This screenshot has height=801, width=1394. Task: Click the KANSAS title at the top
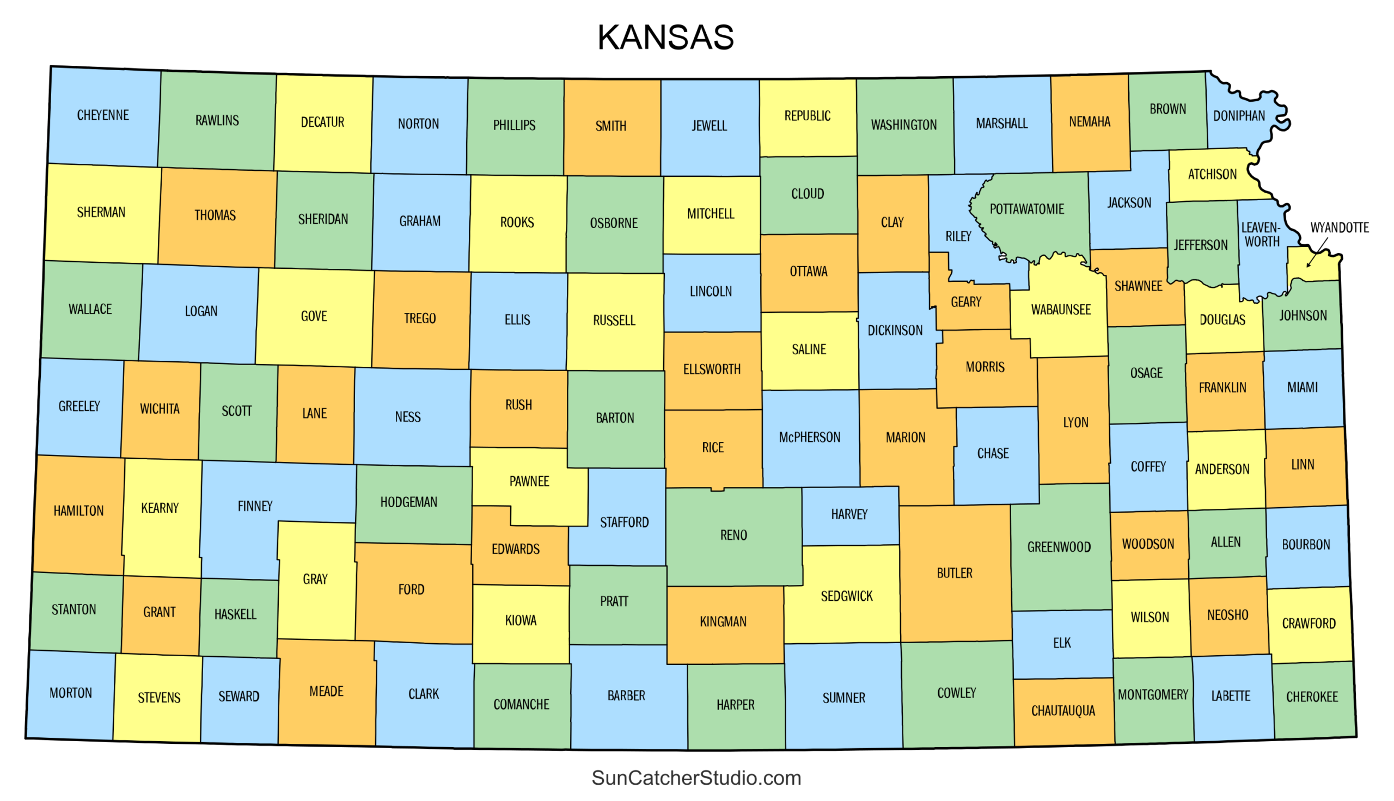pos(665,38)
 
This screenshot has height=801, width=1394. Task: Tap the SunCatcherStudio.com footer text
pos(695,778)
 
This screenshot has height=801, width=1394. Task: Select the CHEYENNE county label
pos(103,115)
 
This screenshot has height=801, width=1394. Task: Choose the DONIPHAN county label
pos(1239,116)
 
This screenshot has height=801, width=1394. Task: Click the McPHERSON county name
pos(809,438)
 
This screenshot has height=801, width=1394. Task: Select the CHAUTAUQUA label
pos(1063,711)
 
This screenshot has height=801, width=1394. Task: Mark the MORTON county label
pos(71,693)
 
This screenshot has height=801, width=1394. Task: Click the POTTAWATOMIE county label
pos(1026,209)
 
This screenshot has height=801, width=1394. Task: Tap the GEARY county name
pos(966,301)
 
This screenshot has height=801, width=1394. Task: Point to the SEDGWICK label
pos(846,596)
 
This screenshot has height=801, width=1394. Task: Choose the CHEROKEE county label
pos(1311,697)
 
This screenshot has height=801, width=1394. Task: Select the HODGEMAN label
pos(408,502)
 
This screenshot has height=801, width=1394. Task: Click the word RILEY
pos(958,236)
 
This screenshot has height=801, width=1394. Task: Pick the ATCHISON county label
pos(1212,174)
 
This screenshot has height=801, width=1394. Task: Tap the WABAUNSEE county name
pos(1061,309)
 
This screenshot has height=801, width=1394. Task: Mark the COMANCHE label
pos(521,704)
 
